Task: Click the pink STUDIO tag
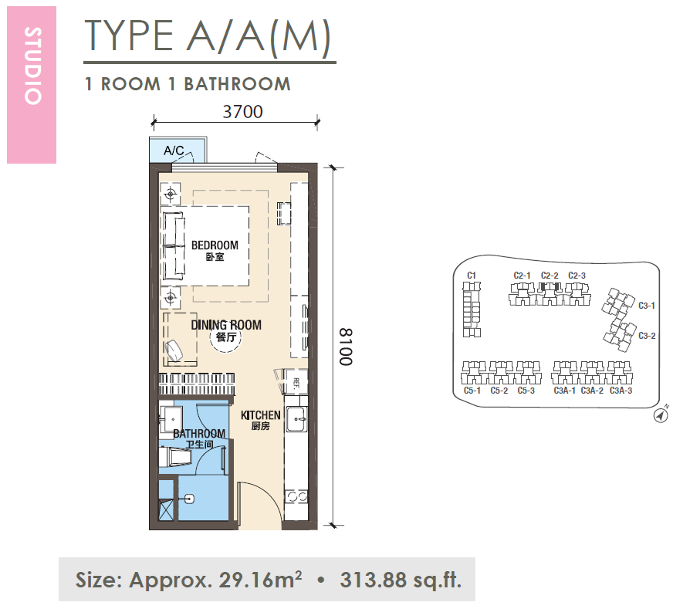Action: coord(32,85)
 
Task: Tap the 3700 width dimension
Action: coord(242,112)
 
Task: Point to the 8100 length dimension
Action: coord(346,347)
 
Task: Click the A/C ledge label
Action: coord(174,151)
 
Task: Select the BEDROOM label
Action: coord(215,245)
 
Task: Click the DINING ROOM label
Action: coord(226,325)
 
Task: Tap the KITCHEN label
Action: coord(261,415)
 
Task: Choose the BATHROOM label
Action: coord(199,434)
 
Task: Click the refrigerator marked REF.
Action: coord(296,381)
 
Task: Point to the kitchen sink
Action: coord(297,419)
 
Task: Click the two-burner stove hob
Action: coord(296,497)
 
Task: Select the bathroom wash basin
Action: coord(171,416)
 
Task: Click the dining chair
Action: coord(174,350)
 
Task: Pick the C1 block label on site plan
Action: coord(472,276)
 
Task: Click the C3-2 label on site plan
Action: coord(647,336)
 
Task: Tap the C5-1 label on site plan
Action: coord(472,391)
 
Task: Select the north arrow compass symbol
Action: coord(661,415)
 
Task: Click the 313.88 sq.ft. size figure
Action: coord(401,580)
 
